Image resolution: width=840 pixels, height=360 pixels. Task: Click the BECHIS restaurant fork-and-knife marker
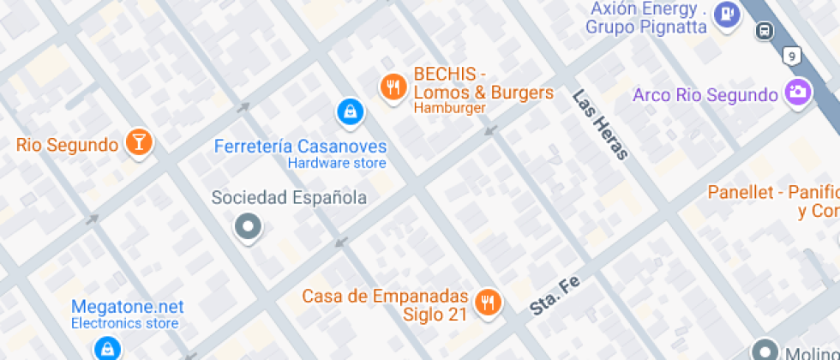pos(393,87)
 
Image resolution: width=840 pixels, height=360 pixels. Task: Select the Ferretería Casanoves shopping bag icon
pos(348,111)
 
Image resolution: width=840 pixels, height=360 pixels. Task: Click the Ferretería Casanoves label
pos(300,147)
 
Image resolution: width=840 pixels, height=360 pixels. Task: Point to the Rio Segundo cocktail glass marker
pos(139,142)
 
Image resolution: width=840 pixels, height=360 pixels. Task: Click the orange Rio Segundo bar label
pos(67,145)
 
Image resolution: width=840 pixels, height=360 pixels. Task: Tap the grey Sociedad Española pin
pos(249,227)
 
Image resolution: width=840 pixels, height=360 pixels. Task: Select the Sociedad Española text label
pos(289,198)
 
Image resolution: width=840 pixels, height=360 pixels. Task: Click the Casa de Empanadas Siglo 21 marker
pos(489,301)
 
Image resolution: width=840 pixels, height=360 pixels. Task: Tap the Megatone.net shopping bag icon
pos(106,348)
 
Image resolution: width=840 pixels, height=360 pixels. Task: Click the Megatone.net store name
pos(127,306)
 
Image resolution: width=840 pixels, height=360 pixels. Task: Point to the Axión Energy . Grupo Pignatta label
pos(647,18)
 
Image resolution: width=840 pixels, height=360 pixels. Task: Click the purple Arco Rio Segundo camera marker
pos(798,93)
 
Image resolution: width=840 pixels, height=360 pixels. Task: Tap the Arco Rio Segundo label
pos(705,94)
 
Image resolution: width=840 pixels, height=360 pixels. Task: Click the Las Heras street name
pos(601,124)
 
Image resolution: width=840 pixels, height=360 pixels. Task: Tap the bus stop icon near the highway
pos(763,32)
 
